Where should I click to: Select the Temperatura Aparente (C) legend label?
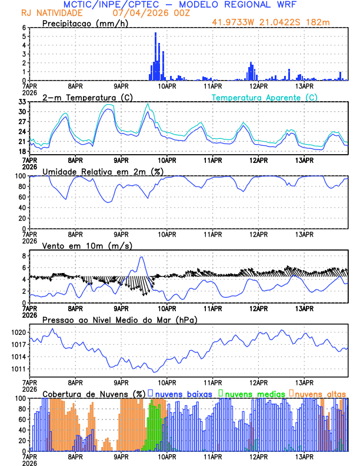265,97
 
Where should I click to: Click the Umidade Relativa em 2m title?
103,171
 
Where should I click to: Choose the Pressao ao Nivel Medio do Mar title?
119,319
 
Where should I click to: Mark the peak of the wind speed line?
141,257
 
